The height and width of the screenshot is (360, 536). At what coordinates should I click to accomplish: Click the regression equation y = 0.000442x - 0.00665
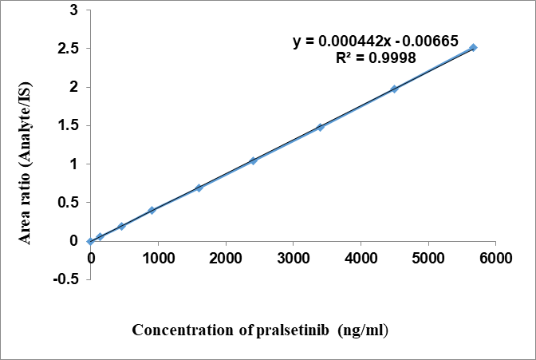(x=376, y=42)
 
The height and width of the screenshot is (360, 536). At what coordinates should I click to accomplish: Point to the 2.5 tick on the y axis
(x=68, y=49)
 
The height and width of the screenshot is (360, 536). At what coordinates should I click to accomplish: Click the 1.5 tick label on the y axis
(x=68, y=125)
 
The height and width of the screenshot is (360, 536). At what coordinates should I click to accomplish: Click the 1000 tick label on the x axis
(x=158, y=258)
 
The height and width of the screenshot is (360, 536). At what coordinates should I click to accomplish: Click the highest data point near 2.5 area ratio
(x=473, y=48)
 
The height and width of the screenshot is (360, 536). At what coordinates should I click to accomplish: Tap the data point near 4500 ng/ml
(x=394, y=89)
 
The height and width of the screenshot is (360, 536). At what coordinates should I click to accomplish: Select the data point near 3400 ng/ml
(x=320, y=127)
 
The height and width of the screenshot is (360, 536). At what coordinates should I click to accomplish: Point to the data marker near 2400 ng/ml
(x=253, y=160)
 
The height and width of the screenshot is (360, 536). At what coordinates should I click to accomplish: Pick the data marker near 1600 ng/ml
(x=199, y=188)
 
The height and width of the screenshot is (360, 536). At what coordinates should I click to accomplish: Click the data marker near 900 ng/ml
(x=152, y=210)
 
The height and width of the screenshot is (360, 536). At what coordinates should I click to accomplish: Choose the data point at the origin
(x=91, y=241)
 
